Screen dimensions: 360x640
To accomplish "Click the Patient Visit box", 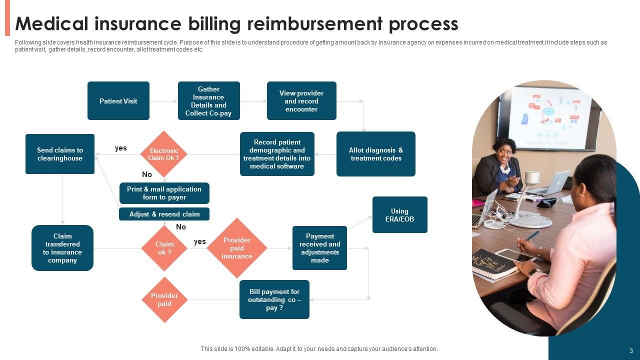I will [x=118, y=101].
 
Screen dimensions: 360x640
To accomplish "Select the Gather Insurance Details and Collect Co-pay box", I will [x=208, y=101].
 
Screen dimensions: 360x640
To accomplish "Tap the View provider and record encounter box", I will [x=301, y=101].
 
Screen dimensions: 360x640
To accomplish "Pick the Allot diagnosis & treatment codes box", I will [x=375, y=154].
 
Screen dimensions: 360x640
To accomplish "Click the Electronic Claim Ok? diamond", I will [x=163, y=154].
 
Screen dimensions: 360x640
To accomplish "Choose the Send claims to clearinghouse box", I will [x=59, y=154].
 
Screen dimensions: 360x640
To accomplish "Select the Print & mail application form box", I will [x=164, y=193].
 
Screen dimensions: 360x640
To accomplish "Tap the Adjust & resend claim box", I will [x=164, y=214].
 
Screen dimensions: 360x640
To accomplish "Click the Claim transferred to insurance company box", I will [x=62, y=248].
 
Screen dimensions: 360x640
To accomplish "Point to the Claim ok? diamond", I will [x=164, y=248].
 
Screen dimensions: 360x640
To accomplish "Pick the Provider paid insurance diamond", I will [x=237, y=248].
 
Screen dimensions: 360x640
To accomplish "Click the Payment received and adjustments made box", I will [x=319, y=248].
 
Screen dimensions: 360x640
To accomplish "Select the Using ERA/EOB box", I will [x=399, y=214].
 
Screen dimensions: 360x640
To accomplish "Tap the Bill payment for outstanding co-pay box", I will [x=274, y=299].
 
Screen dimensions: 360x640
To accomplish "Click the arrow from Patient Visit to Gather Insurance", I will [x=163, y=101].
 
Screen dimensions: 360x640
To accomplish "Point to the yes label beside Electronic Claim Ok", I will [x=121, y=148].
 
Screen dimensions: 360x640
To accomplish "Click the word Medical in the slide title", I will [x=52, y=23].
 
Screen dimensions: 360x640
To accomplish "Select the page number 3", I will [x=631, y=350].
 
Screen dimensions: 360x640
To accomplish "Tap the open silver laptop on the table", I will [x=555, y=183].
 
